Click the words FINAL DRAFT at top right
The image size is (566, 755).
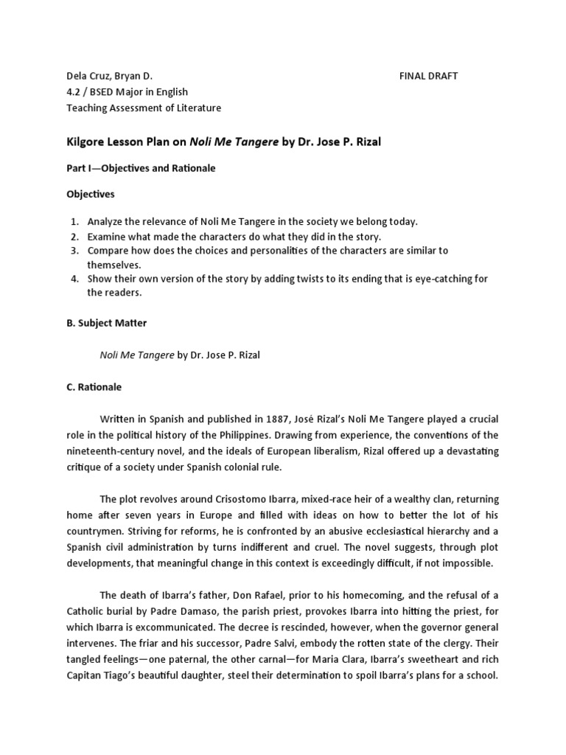[428, 76]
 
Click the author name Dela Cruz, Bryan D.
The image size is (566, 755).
[108, 76]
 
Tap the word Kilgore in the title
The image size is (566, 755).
[85, 141]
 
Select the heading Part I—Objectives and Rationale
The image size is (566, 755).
[141, 168]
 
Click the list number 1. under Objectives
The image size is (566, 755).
[75, 221]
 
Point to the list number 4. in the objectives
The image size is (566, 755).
[75, 279]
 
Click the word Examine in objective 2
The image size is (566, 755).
[107, 237]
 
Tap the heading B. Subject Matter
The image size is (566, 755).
[108, 321]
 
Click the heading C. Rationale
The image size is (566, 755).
[94, 386]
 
